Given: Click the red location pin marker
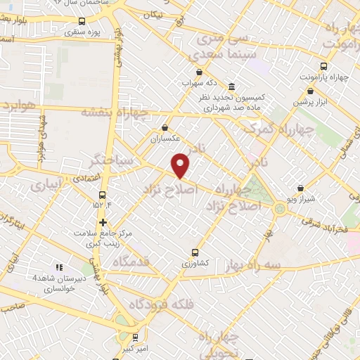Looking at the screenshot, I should click(181, 165).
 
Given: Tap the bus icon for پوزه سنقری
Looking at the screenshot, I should click(82, 22).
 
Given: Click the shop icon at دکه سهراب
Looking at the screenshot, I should click(200, 72).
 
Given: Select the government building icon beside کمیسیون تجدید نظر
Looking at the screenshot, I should click(232, 85).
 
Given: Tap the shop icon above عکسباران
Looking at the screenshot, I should click(165, 128).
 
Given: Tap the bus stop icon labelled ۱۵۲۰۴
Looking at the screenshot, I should click(103, 195).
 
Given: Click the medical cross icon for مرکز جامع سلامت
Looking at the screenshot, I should click(103, 222).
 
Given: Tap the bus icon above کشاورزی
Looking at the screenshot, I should click(195, 252).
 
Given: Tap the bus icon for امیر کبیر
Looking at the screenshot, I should click(135, 337).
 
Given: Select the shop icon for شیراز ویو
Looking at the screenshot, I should click(301, 188).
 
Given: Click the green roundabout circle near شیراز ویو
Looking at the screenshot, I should click(280, 208).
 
